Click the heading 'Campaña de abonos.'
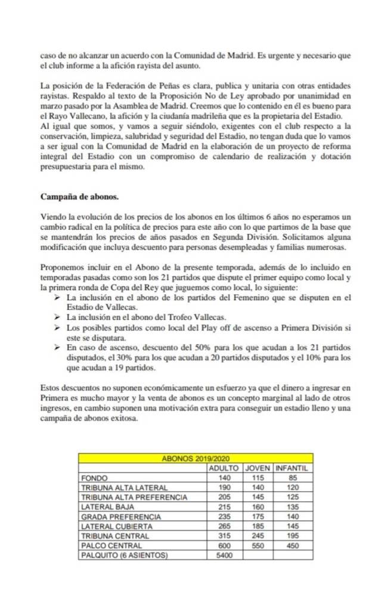pos(79,196)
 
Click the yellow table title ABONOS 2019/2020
pos(197,458)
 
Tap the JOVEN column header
pos(258,468)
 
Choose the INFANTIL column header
pos(292,468)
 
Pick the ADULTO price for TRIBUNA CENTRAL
pos(224,536)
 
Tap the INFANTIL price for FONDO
pos(292,477)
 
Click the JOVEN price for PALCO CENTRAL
pos(258,545)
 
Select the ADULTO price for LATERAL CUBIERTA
pos(224,526)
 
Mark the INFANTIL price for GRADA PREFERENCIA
pos(292,516)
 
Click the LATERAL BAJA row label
pos(107,507)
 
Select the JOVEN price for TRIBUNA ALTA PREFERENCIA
pos(258,497)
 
